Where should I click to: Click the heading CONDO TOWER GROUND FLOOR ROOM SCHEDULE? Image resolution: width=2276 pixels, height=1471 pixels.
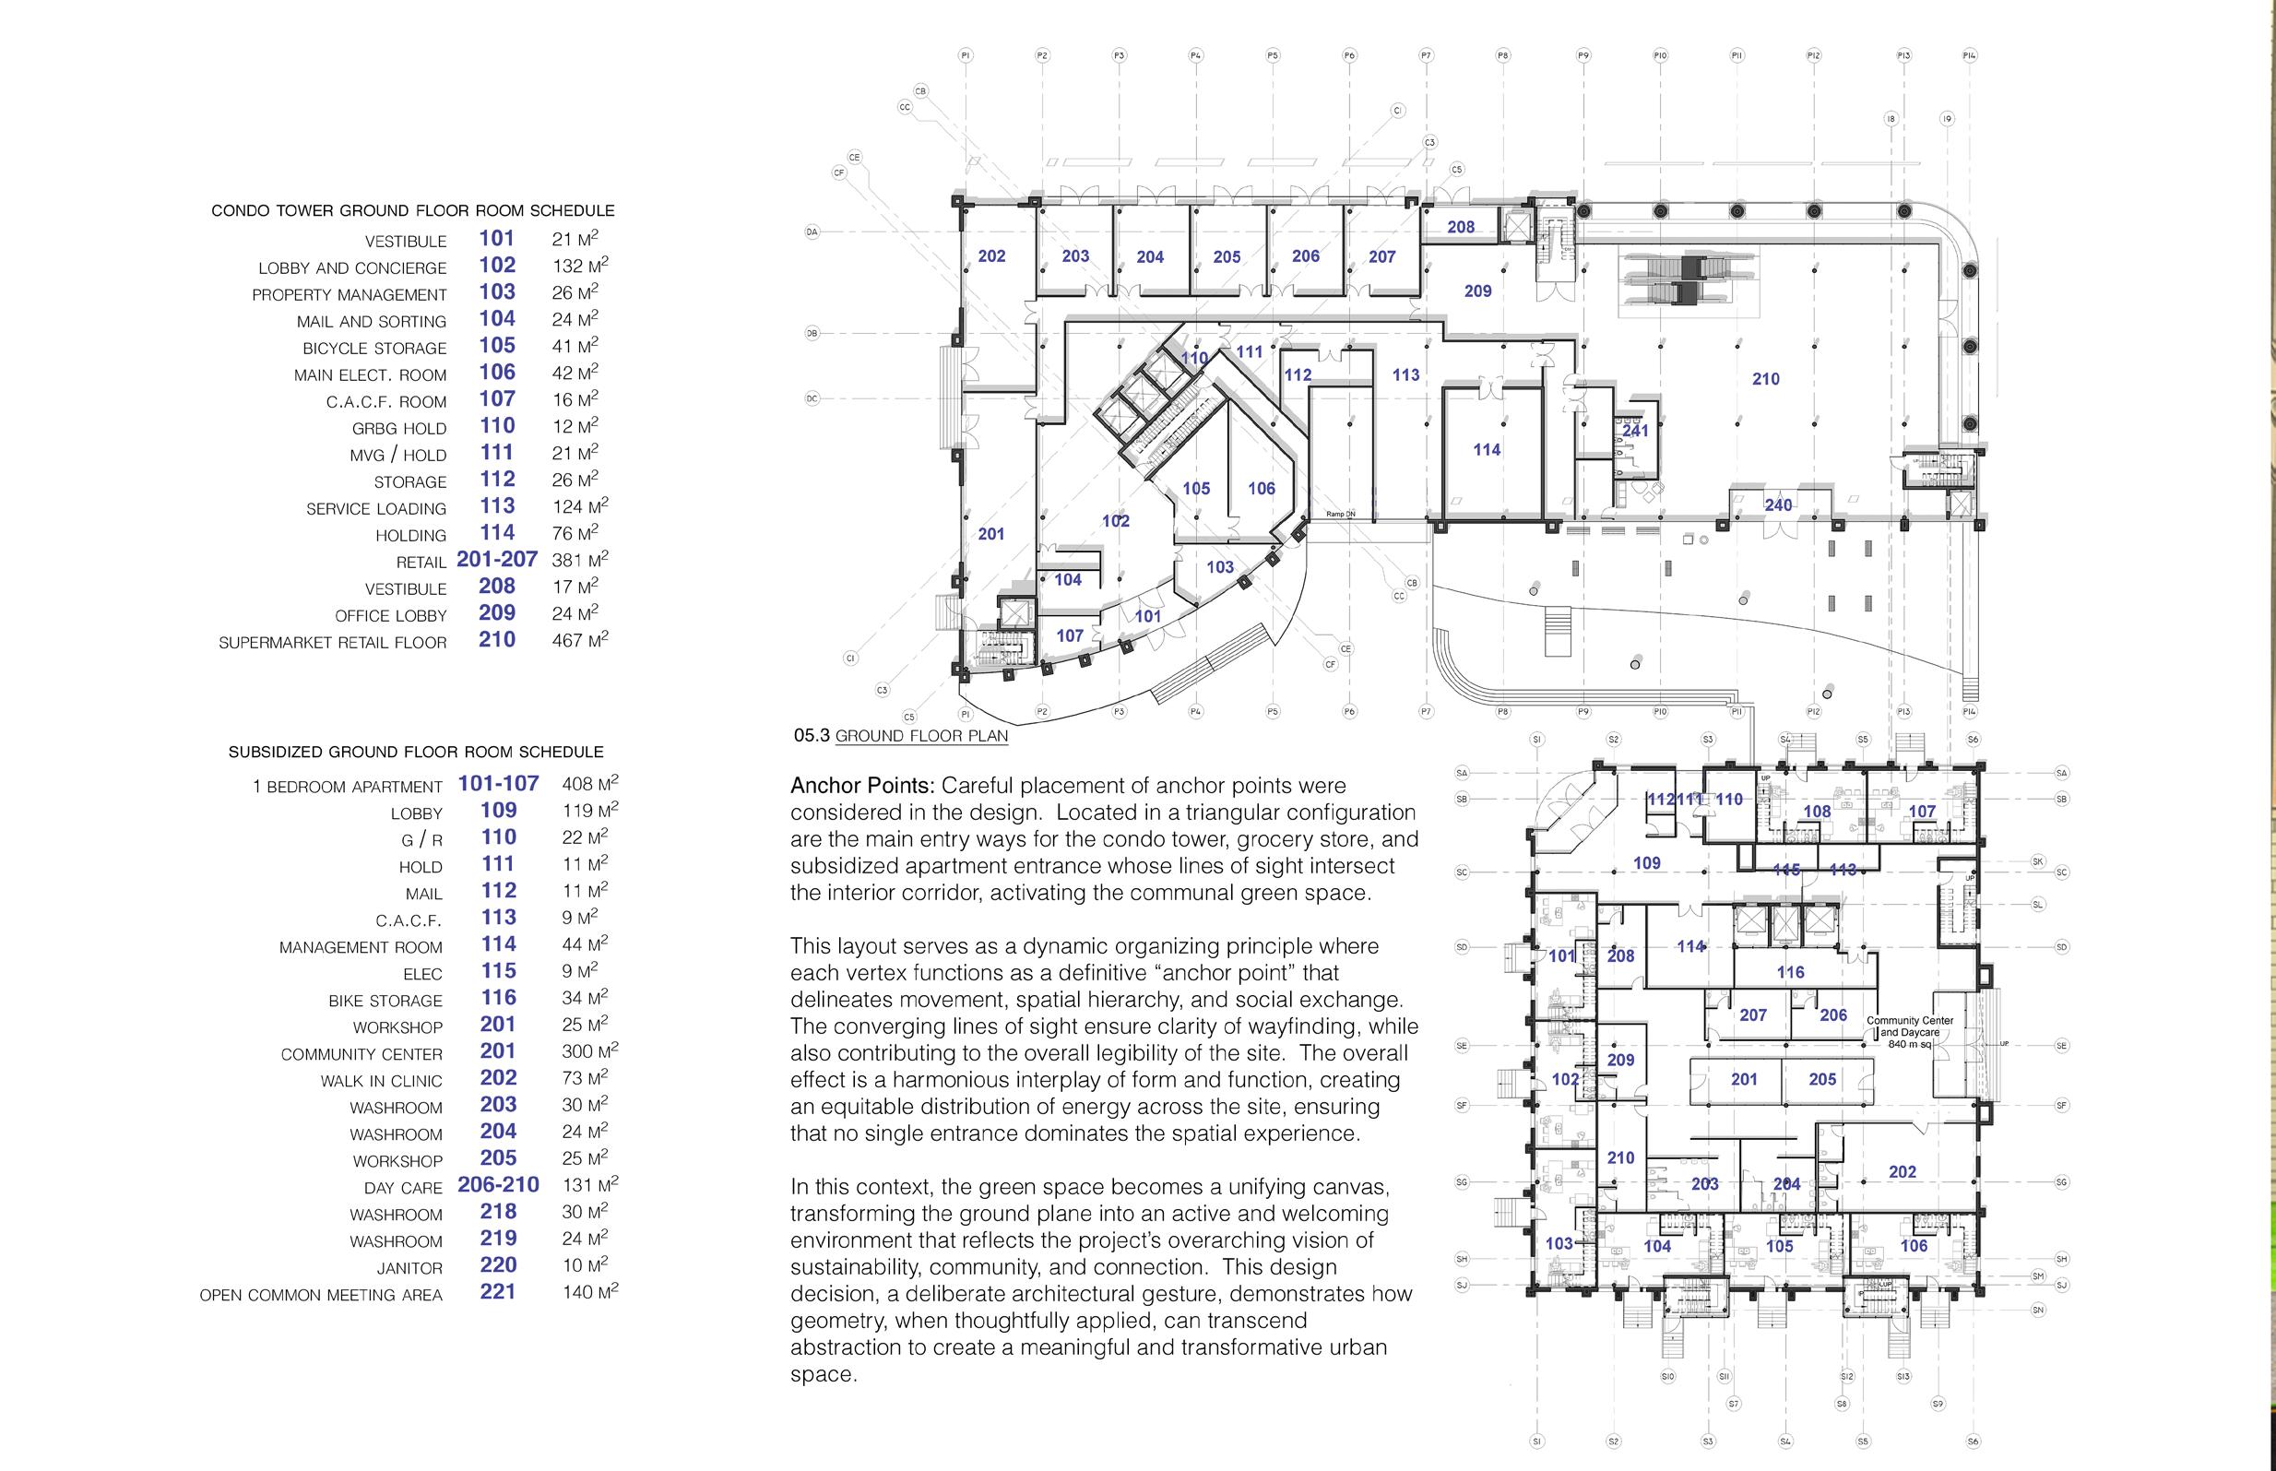[x=412, y=211]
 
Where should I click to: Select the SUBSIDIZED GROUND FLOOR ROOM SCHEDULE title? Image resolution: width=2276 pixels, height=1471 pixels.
[x=416, y=753]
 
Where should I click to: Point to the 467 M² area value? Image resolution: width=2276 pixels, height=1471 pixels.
[x=580, y=640]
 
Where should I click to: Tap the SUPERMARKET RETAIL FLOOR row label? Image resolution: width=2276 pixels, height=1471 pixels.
[x=332, y=643]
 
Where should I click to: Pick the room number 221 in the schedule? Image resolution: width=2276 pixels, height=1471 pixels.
[x=498, y=1291]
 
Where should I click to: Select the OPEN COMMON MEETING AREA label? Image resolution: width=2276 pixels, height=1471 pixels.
[x=321, y=1295]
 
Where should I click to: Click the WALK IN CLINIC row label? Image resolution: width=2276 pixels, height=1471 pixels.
[x=381, y=1081]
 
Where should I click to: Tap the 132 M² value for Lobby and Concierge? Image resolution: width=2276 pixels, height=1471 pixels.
[x=580, y=266]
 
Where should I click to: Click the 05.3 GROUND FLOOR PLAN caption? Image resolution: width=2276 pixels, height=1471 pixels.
[x=901, y=736]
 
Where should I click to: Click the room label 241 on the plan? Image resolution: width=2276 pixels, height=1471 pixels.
[x=1635, y=431]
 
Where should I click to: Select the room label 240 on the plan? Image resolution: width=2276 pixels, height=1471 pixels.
[x=1777, y=504]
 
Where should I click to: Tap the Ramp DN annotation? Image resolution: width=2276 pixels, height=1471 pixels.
[x=1340, y=514]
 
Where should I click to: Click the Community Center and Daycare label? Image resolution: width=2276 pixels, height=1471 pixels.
[x=1909, y=1032]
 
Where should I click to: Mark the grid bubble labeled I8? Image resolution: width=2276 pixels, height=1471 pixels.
[x=1891, y=119]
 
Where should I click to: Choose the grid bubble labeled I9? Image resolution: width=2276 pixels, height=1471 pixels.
[x=1947, y=119]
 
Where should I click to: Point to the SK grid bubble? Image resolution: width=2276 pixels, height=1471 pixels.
[x=2038, y=861]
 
